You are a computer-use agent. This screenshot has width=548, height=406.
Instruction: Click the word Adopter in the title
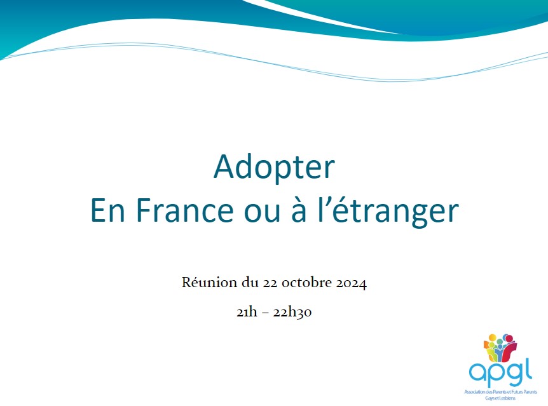(x=275, y=168)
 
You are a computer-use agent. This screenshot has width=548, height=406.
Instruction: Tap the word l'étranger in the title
(x=388, y=211)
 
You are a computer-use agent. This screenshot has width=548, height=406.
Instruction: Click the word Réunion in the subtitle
(x=209, y=282)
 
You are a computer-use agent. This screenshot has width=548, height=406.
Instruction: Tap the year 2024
(x=352, y=283)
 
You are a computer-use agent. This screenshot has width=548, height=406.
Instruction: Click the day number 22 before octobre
(x=270, y=283)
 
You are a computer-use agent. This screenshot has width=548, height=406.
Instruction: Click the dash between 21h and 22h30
(x=265, y=313)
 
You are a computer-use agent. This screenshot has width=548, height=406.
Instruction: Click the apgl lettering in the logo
(x=500, y=373)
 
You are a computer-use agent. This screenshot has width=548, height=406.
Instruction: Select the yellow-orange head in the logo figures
(x=493, y=338)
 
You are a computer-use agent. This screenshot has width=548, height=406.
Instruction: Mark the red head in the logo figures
(x=509, y=339)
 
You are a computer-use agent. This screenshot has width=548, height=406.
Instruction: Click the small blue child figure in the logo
(x=500, y=352)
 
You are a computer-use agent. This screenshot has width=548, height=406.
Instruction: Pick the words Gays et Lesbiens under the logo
(x=500, y=398)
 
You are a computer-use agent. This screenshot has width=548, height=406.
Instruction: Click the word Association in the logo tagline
(x=475, y=392)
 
